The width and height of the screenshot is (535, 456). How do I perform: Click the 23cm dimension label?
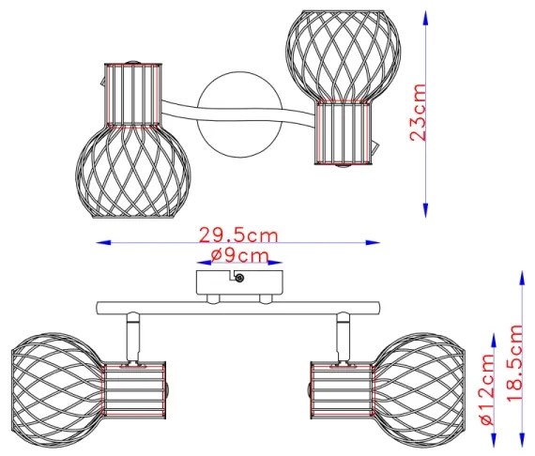419,113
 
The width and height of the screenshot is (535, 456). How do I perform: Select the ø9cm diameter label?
239,255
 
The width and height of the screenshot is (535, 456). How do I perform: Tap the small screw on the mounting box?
241,278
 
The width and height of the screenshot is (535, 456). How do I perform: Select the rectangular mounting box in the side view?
239,281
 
